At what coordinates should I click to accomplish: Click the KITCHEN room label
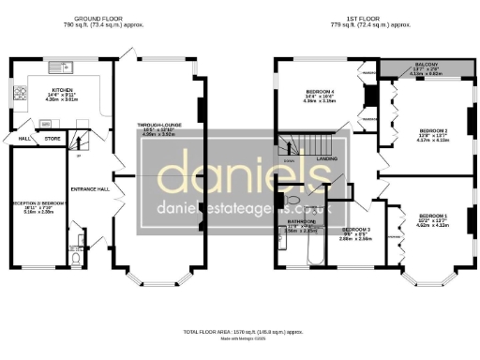coord(45,92)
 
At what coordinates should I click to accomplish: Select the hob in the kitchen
coord(19,92)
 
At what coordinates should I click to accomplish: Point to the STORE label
coord(52,139)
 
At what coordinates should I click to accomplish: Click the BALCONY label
coord(420,65)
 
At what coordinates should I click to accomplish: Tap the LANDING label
coord(326,159)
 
